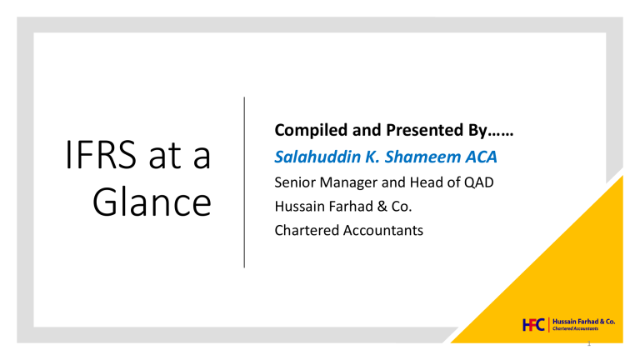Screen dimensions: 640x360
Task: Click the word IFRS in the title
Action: [x=101, y=154]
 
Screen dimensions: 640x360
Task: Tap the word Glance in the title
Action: [x=152, y=202]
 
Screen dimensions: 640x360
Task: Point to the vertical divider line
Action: [x=244, y=182]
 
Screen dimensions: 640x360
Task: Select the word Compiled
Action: [x=312, y=131]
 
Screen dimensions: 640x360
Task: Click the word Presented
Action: [x=422, y=130]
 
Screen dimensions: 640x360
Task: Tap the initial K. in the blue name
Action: [x=372, y=157]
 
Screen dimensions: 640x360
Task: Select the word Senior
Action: [x=295, y=182]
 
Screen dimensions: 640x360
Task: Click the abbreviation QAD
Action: [x=479, y=182]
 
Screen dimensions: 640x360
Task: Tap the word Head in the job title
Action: [x=426, y=182]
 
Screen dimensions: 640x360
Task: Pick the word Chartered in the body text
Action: [x=306, y=230]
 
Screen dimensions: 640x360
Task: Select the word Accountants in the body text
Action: [x=382, y=230]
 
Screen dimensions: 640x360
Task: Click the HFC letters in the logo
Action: [x=533, y=325]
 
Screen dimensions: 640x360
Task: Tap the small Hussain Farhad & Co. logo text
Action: [x=583, y=322]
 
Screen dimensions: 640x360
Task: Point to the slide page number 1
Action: [x=589, y=343]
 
